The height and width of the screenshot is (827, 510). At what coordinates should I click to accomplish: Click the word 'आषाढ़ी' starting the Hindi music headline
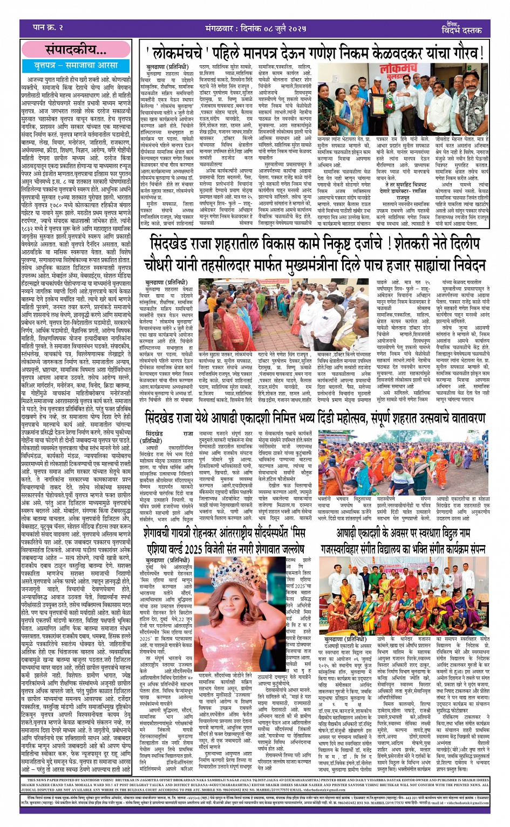coord(353,534)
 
